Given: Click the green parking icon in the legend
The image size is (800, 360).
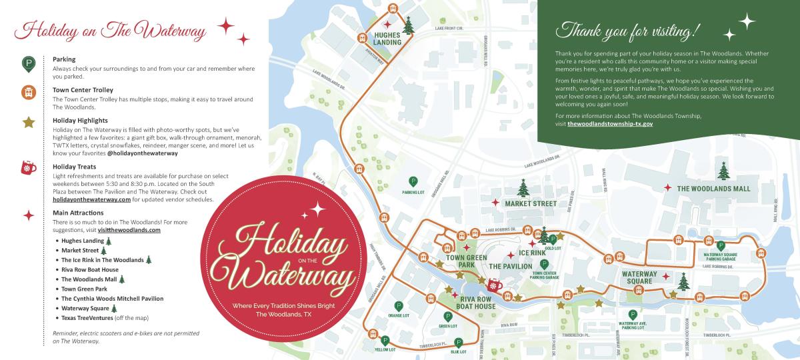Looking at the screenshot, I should point(28,64).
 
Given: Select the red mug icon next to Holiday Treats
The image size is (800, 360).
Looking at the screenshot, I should point(28,167).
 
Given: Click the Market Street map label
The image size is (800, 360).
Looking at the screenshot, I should point(530,203).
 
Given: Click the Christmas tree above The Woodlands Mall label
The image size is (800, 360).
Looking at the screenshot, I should point(723,171).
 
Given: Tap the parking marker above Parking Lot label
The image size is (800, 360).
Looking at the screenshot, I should point(413,181).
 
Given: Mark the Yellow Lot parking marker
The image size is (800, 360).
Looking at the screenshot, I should point(385,340).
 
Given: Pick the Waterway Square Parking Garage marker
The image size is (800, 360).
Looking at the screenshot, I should point(720,245).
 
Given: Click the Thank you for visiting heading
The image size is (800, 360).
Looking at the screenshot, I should point(630,30).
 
